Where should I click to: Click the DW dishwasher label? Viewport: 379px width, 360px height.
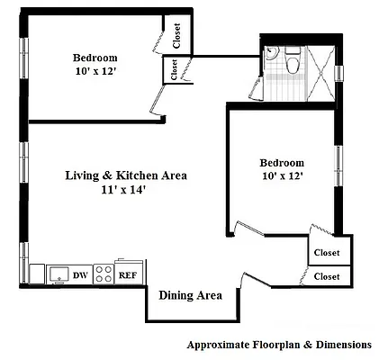click(80, 274)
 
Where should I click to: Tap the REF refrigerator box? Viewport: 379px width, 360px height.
click(128, 274)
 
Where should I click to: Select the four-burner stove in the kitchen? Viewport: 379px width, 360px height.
click(104, 274)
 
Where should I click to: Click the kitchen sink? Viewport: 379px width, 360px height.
click(59, 274)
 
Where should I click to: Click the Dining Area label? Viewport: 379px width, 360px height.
click(190, 295)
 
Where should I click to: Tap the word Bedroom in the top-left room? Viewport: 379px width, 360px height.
click(95, 58)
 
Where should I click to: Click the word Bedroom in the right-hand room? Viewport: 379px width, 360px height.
click(282, 163)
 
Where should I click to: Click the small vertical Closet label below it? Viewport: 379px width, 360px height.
click(171, 69)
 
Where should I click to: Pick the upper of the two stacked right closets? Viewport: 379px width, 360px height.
click(326, 254)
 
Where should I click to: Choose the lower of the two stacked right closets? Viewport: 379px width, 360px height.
click(326, 276)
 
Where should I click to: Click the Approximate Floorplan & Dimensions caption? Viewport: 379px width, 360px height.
click(278, 345)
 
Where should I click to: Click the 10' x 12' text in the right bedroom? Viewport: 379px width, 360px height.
click(282, 176)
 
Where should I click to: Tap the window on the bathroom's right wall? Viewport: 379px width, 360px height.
click(339, 75)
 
